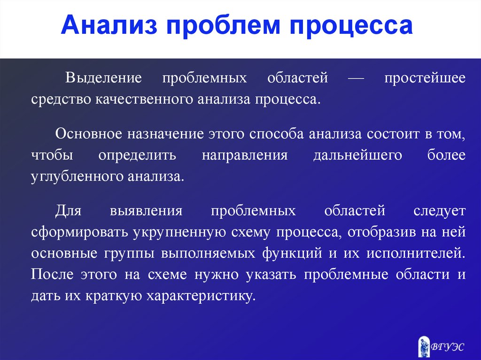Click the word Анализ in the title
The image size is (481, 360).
coord(109,25)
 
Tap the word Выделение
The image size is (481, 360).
coord(103,78)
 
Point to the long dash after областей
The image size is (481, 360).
coord(356,78)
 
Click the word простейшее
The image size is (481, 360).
coord(425,78)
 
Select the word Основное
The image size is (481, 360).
coord(89,134)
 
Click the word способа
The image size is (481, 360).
coord(276,134)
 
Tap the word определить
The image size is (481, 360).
coord(138,155)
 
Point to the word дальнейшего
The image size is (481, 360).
coord(357,155)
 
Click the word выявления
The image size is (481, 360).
coord(146,211)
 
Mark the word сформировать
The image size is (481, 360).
coord(79,232)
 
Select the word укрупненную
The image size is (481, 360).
coord(179,232)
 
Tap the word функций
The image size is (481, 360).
coord(292,253)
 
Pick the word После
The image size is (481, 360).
coord(52,275)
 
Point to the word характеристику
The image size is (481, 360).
coord(201,296)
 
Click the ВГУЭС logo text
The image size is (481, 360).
coord(448,347)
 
